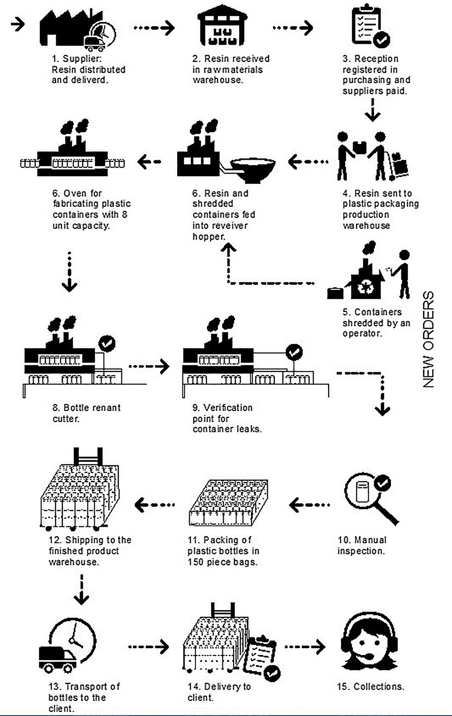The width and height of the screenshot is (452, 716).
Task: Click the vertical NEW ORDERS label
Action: click(x=429, y=339)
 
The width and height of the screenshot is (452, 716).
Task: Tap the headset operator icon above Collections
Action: click(x=369, y=642)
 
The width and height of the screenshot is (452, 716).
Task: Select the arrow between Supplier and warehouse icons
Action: click(x=154, y=28)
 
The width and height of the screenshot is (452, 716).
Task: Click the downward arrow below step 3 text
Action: click(x=372, y=110)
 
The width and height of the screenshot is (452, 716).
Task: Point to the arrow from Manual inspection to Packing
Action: click(x=309, y=505)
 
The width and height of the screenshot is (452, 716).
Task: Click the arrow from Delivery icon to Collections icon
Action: click(x=305, y=647)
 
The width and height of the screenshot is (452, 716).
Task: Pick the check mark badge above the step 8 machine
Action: click(x=107, y=344)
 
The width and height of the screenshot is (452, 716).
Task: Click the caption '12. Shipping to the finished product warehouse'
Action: click(x=89, y=551)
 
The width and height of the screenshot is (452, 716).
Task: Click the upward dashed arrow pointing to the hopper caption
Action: click(x=229, y=260)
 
